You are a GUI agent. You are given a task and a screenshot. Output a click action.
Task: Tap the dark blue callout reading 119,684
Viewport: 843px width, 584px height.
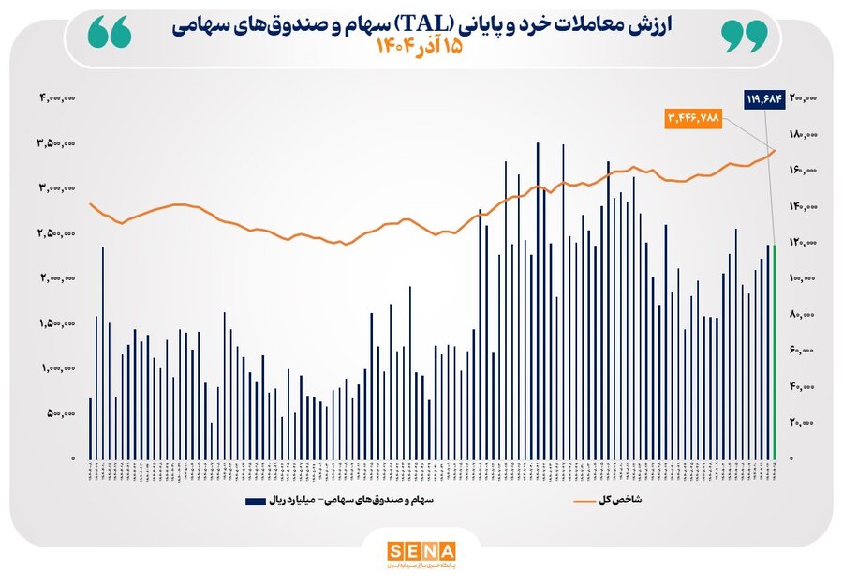point(763,97)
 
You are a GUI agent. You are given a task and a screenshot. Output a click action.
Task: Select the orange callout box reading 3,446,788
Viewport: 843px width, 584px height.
point(693,118)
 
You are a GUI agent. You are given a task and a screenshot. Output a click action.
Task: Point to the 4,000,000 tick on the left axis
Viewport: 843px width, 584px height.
point(57,97)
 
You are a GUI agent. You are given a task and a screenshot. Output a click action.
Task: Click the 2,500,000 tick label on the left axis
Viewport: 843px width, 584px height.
point(57,233)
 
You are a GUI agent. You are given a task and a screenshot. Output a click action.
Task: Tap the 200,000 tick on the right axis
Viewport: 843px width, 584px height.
point(804,97)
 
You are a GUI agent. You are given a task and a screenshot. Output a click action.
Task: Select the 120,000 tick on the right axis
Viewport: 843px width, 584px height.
point(804,242)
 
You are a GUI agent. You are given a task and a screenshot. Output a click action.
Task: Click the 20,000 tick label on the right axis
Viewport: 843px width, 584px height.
point(806,423)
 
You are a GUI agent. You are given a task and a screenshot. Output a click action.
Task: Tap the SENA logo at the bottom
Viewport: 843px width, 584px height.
point(421,551)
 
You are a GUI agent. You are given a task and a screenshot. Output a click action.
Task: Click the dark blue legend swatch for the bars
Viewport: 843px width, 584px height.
point(255,502)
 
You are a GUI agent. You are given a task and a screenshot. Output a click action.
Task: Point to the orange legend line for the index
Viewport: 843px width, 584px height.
point(585,502)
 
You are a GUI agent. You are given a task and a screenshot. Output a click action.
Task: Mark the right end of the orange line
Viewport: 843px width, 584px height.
point(776,150)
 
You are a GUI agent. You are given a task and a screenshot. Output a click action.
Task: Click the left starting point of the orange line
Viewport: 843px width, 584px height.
point(90,203)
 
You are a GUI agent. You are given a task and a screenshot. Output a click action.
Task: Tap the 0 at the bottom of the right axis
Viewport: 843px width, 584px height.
point(791,458)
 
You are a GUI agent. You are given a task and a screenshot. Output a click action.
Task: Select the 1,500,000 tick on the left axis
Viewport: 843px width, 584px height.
point(57,323)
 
